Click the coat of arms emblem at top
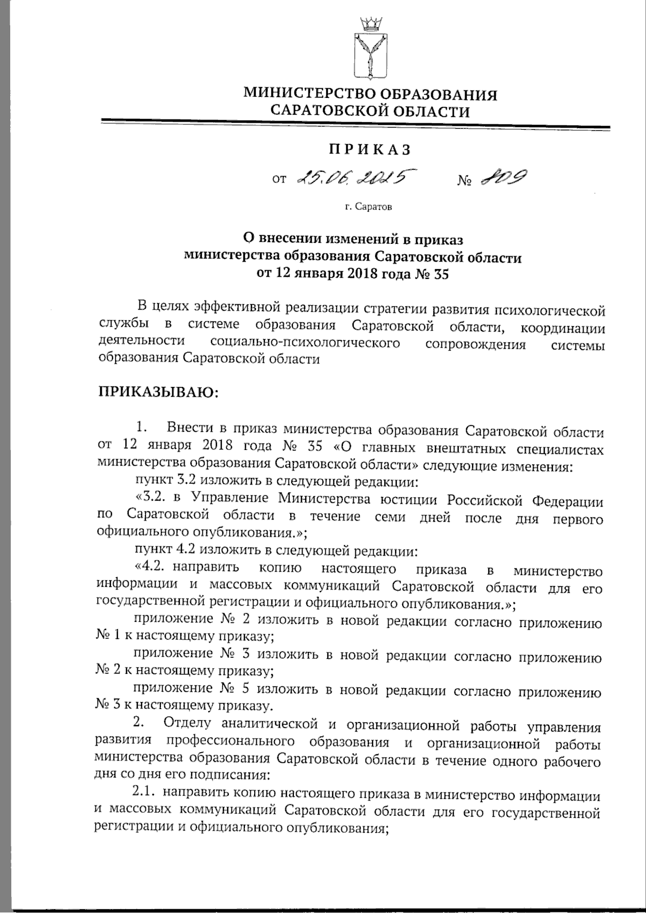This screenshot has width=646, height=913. tap(370, 51)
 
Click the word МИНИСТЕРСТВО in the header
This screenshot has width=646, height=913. tap(311, 95)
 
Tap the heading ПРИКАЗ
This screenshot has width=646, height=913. tap(370, 149)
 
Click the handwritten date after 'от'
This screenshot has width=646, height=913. tap(350, 178)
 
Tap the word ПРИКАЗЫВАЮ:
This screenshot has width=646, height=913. tap(158, 391)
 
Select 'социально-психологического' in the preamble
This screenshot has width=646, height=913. tap(306, 343)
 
